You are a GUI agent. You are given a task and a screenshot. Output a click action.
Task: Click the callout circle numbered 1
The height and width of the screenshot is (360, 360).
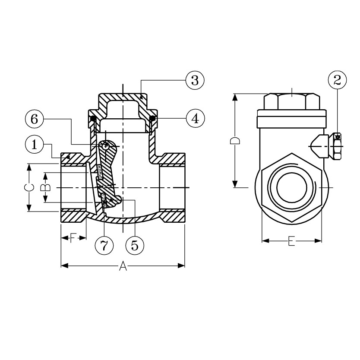click(x=35, y=145)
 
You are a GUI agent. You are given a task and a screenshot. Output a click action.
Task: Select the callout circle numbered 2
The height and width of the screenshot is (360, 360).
click(x=337, y=80)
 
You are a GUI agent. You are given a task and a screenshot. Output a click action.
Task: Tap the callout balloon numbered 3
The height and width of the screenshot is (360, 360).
click(x=195, y=80)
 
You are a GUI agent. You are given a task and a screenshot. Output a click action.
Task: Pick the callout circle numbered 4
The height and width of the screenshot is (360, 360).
click(x=195, y=118)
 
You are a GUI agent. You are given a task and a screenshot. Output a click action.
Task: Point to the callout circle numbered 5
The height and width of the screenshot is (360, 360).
click(x=135, y=245)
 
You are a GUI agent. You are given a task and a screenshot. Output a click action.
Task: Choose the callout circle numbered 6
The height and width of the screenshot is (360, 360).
click(x=35, y=119)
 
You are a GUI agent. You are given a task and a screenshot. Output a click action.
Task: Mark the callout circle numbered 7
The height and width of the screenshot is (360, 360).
click(x=104, y=245)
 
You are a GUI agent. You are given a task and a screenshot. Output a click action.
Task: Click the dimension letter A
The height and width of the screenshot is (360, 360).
click(x=123, y=266)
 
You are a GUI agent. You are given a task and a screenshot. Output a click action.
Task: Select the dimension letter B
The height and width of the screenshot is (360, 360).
click(x=45, y=187)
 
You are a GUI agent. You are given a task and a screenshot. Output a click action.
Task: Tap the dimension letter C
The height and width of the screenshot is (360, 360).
click(x=29, y=187)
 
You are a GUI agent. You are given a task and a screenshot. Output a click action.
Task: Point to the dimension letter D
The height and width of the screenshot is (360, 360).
click(x=235, y=141)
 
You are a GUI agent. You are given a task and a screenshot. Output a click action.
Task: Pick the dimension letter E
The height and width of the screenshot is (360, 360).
click(x=291, y=241)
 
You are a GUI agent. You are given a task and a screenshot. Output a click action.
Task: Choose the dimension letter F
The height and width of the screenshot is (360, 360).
click(x=73, y=238)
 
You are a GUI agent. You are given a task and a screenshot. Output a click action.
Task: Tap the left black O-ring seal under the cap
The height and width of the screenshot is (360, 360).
click(x=93, y=118)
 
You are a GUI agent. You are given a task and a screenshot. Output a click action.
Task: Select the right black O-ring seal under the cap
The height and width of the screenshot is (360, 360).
click(x=152, y=118)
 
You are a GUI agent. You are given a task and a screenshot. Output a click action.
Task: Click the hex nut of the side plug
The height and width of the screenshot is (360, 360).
click(x=337, y=146)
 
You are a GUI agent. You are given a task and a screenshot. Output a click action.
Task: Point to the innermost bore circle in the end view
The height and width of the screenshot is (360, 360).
click(x=291, y=187)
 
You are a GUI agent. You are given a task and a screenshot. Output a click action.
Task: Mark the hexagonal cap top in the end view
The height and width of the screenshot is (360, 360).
click(x=291, y=101)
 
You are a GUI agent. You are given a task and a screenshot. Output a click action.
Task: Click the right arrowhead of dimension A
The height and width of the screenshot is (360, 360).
click(x=181, y=266)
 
